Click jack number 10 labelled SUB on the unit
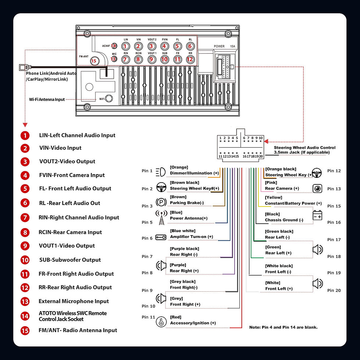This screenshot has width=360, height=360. click(164, 59)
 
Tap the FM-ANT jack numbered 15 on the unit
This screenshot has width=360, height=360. click(94, 61)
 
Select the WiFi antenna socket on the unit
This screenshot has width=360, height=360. click(109, 98)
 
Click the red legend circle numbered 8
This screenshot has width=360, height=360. click(25, 232)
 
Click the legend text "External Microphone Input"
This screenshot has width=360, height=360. click(73, 301)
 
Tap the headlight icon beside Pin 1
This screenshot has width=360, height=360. click(161, 171)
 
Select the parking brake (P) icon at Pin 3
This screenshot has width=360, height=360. click(161, 202)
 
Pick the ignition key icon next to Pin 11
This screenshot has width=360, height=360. click(161, 322)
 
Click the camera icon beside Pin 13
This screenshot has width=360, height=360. click(317, 188)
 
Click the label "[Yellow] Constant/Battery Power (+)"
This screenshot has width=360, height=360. click(293, 201)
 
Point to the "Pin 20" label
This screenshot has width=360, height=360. click(334, 291)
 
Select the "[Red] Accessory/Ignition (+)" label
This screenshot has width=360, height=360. click(193, 320)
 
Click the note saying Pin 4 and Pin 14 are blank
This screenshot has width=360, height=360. click(283, 327)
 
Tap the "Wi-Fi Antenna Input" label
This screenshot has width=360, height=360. click(47, 99)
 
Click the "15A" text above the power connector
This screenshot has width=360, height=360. click(233, 47)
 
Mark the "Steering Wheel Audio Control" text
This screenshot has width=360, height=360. click(305, 148)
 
